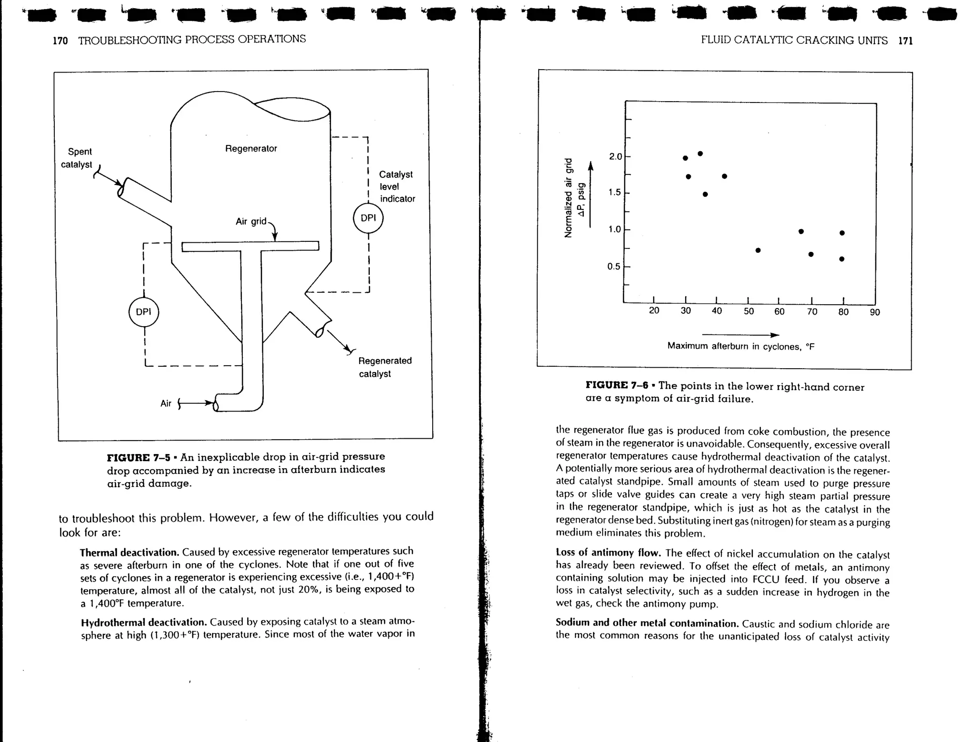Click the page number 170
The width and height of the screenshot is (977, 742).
pos(60,41)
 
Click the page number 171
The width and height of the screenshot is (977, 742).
pos(905,41)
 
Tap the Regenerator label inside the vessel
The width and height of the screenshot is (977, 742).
pos(251,149)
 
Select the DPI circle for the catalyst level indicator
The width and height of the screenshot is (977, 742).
pos(368,218)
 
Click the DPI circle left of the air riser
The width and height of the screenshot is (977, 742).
pos(144,312)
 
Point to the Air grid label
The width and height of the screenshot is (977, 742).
pos(251,222)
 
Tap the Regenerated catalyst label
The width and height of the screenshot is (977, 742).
pos(385,367)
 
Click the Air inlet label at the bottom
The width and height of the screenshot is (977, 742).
pos(166,403)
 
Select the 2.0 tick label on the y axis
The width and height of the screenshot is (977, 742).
pos(615,157)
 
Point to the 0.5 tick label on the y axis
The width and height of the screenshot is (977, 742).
pos(613,267)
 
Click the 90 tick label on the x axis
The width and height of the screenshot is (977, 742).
pos(875,312)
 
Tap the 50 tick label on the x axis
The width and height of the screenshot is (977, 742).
pos(749,312)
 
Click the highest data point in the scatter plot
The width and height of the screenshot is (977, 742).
pos(700,154)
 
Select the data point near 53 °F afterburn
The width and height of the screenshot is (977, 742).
pos(758,250)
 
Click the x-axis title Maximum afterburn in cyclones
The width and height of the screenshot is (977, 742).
pos(741,346)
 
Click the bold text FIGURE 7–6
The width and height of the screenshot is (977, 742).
pos(617,385)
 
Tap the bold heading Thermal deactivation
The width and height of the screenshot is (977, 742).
pos(129,553)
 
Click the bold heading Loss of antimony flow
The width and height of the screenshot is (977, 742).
pos(608,553)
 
